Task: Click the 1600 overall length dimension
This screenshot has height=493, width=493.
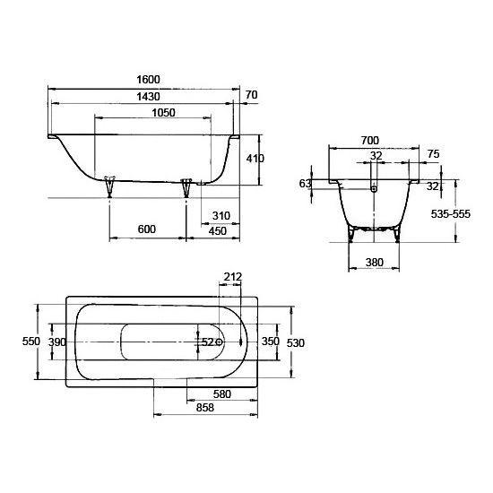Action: (x=148, y=79)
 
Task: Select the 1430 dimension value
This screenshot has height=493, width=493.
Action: (x=148, y=96)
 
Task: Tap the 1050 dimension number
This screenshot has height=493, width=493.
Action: (x=163, y=113)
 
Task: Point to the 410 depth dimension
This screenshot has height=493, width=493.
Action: (x=255, y=159)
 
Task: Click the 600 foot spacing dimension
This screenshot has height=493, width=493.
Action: (x=147, y=229)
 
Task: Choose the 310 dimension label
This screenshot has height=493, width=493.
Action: (x=221, y=216)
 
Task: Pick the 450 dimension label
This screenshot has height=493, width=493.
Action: (x=218, y=231)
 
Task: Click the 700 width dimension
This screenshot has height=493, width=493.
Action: (x=370, y=140)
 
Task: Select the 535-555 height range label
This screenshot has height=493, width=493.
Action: (x=451, y=214)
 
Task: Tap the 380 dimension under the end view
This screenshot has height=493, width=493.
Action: (x=375, y=263)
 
